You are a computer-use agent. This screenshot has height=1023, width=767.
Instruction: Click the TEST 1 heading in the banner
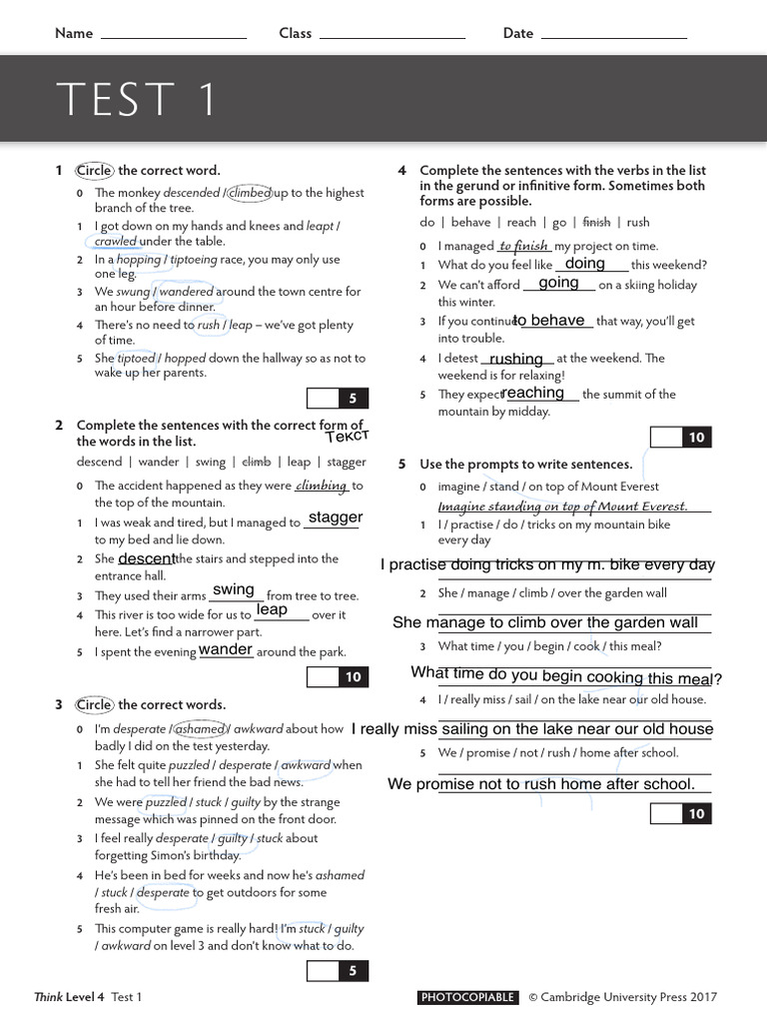click(x=136, y=100)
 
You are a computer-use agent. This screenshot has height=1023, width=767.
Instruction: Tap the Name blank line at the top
click(x=174, y=37)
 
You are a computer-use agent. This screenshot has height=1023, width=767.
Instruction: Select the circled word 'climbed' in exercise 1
click(x=251, y=193)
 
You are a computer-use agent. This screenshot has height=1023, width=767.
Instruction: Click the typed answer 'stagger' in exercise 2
click(x=335, y=517)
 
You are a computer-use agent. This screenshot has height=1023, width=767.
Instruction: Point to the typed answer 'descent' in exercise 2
click(x=147, y=558)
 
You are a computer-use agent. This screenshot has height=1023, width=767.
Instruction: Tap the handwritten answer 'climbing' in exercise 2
click(x=322, y=487)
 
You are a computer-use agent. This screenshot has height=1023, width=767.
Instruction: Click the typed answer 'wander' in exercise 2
click(x=226, y=649)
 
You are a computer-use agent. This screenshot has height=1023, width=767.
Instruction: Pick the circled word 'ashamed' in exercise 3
click(x=201, y=729)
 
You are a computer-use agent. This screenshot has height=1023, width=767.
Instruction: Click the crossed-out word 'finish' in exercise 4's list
click(x=596, y=222)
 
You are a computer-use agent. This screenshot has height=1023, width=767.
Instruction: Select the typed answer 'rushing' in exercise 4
click(x=516, y=359)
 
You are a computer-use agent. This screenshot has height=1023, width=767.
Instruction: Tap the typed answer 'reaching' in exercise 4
click(x=533, y=394)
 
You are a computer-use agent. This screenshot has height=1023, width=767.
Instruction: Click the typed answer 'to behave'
click(x=549, y=321)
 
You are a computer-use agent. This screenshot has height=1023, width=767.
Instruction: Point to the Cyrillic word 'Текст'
click(x=348, y=437)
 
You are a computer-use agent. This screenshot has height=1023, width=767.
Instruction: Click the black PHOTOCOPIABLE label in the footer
click(x=468, y=997)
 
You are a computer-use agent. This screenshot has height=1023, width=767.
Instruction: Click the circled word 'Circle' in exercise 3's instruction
click(x=94, y=704)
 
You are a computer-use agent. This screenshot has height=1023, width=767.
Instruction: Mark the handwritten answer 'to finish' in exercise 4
click(x=523, y=246)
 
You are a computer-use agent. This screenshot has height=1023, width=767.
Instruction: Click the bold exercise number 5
click(x=401, y=465)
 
